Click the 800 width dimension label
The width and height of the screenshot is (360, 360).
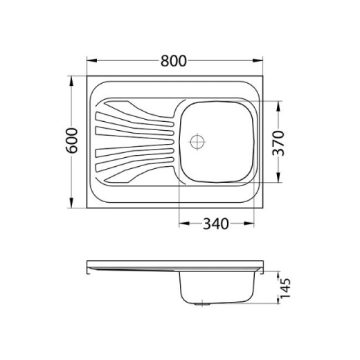point(173,61)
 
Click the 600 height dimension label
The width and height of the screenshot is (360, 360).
point(72,141)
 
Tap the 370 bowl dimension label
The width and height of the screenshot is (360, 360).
point(278,143)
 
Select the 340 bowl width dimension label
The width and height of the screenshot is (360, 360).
point(216,224)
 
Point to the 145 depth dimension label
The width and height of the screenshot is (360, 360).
point(285,288)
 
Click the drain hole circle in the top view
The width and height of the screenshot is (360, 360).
point(197,142)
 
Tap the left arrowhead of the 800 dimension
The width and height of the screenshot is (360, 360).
point(92,60)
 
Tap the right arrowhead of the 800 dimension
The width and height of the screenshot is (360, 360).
point(258,60)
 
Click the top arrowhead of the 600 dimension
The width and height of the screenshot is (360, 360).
point(71,81)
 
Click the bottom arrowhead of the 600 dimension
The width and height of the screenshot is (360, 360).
point(71,203)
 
